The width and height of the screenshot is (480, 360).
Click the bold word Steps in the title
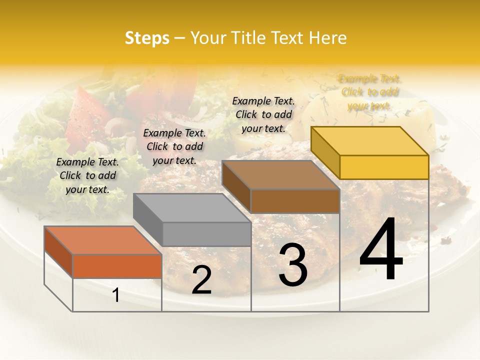tap(147, 38)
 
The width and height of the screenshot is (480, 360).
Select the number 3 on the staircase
tap(293, 264)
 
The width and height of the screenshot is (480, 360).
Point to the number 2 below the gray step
tap(201, 280)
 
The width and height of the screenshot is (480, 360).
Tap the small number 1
tap(116, 295)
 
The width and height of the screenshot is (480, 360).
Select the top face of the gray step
tap(192, 207)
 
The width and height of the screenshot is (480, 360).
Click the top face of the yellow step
tap(370, 141)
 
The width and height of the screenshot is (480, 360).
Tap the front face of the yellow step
tap(384, 167)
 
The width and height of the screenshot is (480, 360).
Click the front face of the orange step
tap(117, 266)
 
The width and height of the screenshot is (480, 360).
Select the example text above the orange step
tap(87, 176)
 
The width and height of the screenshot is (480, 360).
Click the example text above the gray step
tap(174, 147)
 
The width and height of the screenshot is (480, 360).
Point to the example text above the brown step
tap(263, 114)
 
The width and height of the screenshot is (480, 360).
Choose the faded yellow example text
tap(369, 92)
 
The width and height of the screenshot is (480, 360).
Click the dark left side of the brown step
tap(236, 186)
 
